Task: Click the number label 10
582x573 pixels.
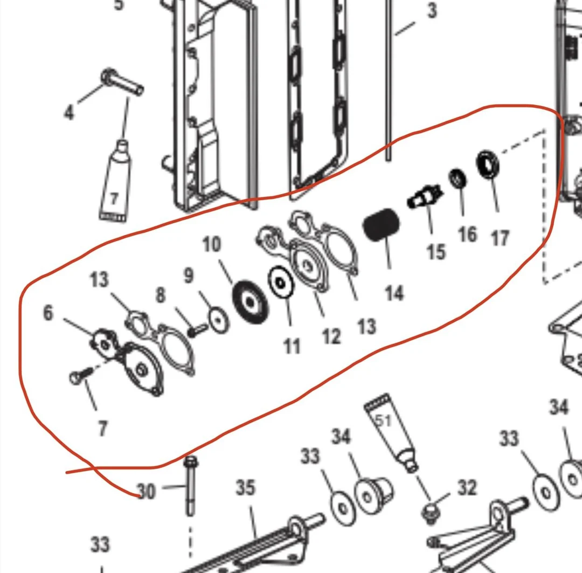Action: pyautogui.click(x=212, y=245)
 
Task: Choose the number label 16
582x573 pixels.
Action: pyautogui.click(x=467, y=234)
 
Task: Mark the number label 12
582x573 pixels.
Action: pyautogui.click(x=331, y=336)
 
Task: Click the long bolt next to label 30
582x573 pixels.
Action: pyautogui.click(x=190, y=485)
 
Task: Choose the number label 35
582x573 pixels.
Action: pyautogui.click(x=245, y=488)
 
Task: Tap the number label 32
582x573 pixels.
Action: pyautogui.click(x=467, y=488)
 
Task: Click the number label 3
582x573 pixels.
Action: pyautogui.click(x=432, y=10)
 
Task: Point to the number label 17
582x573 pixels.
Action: pyautogui.click(x=500, y=237)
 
